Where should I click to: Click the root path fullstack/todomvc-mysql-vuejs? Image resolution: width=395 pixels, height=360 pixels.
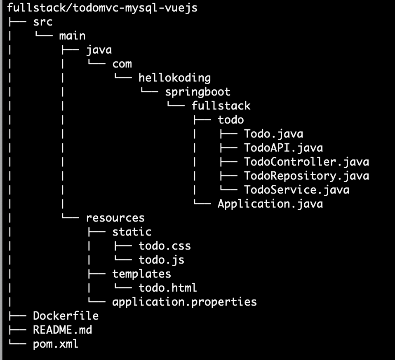(102, 8)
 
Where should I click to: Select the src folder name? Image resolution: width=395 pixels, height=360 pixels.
(43, 22)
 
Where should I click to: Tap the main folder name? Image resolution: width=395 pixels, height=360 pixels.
(72, 36)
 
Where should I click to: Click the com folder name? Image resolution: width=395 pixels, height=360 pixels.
(122, 64)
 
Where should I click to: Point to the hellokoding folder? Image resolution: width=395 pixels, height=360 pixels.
(174, 78)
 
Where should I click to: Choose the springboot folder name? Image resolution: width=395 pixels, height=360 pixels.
(198, 92)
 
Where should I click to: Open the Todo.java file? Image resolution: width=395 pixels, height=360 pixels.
(274, 134)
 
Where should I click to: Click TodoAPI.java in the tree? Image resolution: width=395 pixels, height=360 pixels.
(283, 148)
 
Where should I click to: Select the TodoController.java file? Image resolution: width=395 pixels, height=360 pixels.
(307, 162)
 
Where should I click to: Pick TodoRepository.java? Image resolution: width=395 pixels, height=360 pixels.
(307, 176)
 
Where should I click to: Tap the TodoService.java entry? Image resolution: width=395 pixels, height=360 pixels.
(297, 190)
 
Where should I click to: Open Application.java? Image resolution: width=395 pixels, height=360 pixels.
(270, 204)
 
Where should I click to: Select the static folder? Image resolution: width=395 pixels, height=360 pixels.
(132, 232)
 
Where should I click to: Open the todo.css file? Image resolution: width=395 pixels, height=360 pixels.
(165, 246)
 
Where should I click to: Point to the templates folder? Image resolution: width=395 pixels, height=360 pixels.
(141, 274)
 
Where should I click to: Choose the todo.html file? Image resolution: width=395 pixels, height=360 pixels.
(168, 288)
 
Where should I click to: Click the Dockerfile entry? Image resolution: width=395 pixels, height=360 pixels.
(66, 316)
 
